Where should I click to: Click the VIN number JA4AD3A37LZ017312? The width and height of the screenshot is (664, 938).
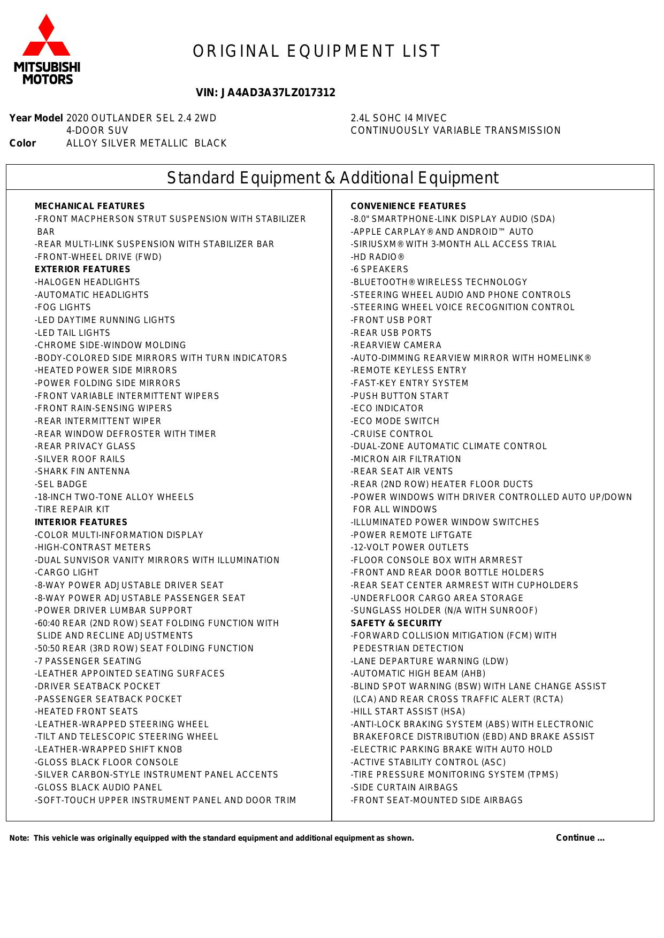tap(265, 93)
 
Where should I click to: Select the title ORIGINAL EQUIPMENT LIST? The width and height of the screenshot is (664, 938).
tap(317, 51)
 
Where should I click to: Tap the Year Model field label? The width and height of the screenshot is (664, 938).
tap(36, 118)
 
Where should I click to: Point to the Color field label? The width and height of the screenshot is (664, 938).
tap(22, 143)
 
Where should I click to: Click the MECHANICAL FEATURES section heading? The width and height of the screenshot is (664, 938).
tap(89, 206)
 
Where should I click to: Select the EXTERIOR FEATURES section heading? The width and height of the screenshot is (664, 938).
tap(82, 270)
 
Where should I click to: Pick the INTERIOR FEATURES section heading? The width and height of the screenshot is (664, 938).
tap(81, 522)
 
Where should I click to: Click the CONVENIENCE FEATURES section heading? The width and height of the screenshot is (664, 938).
tap(408, 206)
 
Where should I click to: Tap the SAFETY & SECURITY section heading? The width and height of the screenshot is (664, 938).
tap(396, 624)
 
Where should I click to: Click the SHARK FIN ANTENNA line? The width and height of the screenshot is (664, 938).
tap(82, 472)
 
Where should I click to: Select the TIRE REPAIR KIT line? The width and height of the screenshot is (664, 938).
tap(72, 510)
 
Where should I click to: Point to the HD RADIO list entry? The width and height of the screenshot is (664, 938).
tap(378, 257)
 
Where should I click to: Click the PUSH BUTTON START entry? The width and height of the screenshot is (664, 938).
tap(400, 396)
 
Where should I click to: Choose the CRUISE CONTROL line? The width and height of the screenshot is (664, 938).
tap(392, 434)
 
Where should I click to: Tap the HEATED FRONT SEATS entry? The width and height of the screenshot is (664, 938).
tap(86, 712)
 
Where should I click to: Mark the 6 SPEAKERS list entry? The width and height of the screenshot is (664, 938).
tap(379, 270)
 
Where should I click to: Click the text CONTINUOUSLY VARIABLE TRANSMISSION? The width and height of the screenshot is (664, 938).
tap(455, 130)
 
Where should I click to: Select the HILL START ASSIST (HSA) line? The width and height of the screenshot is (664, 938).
tap(408, 712)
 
